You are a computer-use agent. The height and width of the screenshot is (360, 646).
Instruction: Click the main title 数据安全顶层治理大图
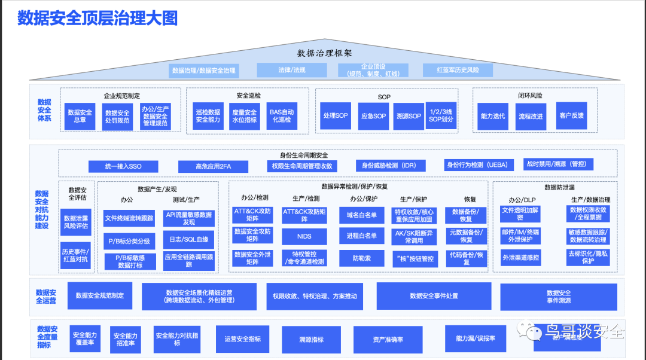(x=97, y=19)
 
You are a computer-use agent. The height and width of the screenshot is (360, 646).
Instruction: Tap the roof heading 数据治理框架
(x=324, y=53)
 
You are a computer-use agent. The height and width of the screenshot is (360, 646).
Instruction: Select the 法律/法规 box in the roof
(x=292, y=70)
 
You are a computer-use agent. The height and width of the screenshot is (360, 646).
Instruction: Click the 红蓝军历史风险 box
(x=458, y=70)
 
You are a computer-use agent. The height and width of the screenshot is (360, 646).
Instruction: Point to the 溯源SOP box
(x=408, y=116)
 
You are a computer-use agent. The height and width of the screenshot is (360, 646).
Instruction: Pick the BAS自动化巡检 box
(x=281, y=116)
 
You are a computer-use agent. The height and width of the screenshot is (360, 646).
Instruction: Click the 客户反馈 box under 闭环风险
(x=571, y=116)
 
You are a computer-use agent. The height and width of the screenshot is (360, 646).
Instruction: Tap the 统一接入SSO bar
(x=123, y=166)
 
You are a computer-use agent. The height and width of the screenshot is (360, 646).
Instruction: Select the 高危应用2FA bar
(x=213, y=166)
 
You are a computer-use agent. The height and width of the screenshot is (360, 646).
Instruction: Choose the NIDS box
(x=304, y=236)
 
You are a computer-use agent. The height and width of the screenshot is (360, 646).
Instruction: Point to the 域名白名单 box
(x=361, y=215)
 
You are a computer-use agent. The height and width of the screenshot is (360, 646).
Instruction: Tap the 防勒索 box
(x=361, y=258)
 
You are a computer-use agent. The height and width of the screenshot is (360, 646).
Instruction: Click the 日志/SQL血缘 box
(x=189, y=240)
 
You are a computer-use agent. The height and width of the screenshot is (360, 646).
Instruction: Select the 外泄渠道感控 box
(x=520, y=258)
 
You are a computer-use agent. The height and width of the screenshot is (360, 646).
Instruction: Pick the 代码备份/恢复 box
(x=466, y=258)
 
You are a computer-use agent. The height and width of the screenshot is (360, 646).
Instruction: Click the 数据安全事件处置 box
(x=434, y=296)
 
